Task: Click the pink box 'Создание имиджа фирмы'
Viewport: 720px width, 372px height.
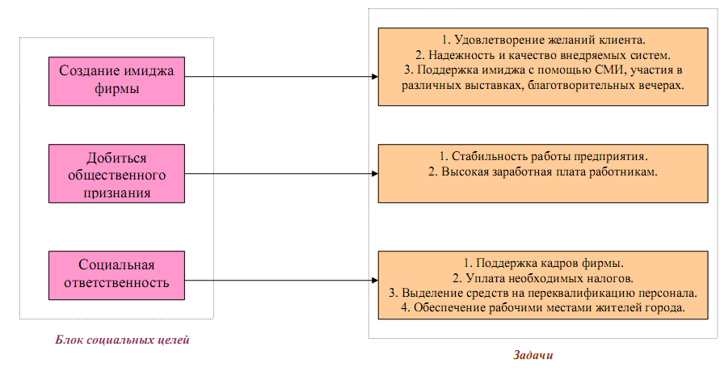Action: click(116, 81)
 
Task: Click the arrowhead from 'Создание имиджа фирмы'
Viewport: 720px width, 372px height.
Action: click(374, 77)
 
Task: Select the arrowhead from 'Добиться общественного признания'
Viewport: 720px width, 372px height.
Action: click(374, 173)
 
